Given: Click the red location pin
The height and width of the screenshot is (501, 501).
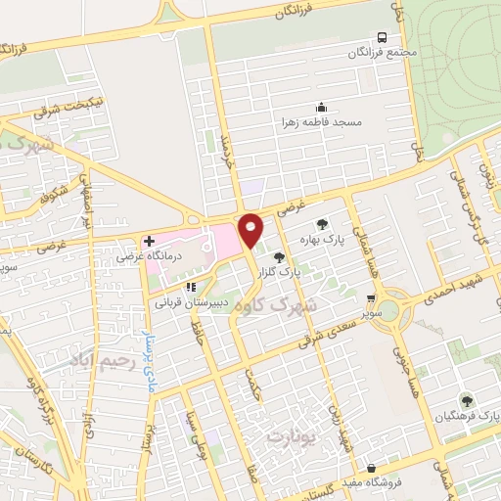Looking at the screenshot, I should click(250, 230).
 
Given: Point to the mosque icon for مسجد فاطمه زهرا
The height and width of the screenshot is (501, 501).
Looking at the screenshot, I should click(322, 108).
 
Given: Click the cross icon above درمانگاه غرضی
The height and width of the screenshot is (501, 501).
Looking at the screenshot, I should click(149, 241).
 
